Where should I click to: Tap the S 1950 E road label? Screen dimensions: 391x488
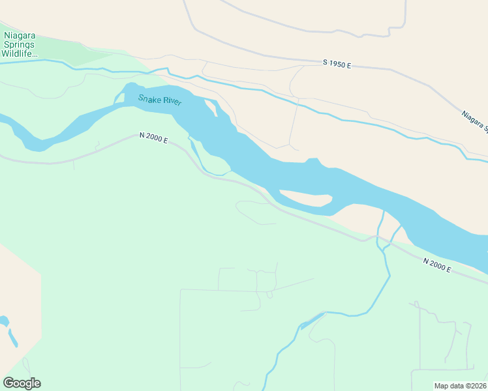(x=337, y=65)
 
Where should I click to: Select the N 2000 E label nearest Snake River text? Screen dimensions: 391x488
(x=153, y=138)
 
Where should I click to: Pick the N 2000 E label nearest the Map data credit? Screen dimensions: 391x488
(x=436, y=265)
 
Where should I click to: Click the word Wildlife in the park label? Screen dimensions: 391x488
(x=19, y=54)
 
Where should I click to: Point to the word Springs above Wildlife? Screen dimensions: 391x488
(x=19, y=44)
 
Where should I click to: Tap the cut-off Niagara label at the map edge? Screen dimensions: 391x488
(x=474, y=121)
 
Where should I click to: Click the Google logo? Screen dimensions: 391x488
(x=22, y=383)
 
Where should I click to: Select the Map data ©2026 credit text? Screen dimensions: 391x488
(x=461, y=386)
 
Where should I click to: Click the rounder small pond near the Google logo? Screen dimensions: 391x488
(x=4, y=321)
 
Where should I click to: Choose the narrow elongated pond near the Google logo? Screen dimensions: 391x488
(x=12, y=338)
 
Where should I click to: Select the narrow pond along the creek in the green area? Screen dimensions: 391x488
(x=312, y=319)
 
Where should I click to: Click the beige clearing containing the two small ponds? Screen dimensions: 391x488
(x=16, y=306)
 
